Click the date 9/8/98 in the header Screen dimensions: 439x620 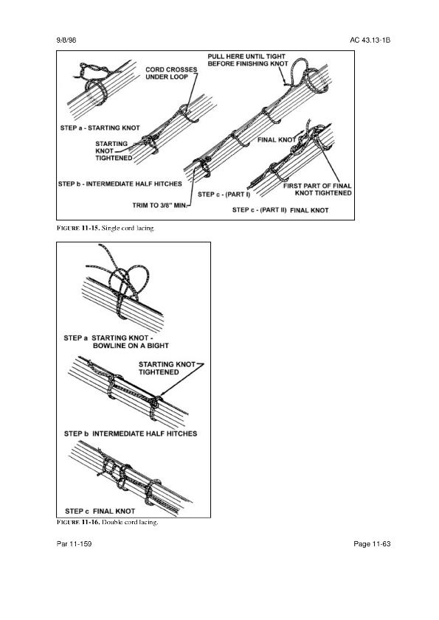(x=66, y=41)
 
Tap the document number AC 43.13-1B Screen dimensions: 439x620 (x=370, y=41)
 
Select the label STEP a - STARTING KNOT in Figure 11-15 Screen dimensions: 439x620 (x=100, y=128)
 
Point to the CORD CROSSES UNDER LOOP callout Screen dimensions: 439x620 (x=171, y=73)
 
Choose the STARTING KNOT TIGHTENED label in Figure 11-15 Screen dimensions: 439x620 (x=114, y=151)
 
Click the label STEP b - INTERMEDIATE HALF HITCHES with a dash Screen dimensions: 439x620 (x=120, y=184)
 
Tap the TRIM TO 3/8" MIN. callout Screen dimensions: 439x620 (x=161, y=205)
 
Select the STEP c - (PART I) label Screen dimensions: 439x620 (x=224, y=195)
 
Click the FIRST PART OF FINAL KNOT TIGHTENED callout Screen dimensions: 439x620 (x=317, y=189)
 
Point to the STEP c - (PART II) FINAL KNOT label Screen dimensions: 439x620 (x=280, y=210)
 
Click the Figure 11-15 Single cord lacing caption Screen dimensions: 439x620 (x=106, y=228)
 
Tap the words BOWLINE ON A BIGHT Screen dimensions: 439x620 (x=131, y=346)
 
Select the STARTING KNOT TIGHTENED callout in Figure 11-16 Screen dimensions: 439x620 (x=167, y=368)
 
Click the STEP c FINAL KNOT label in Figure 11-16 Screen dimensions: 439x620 (x=100, y=512)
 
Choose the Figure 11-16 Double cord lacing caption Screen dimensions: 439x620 (x=107, y=523)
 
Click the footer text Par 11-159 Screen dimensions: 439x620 (x=74, y=544)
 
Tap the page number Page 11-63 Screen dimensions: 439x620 (x=372, y=544)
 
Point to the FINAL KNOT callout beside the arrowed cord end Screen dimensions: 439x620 (x=277, y=140)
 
